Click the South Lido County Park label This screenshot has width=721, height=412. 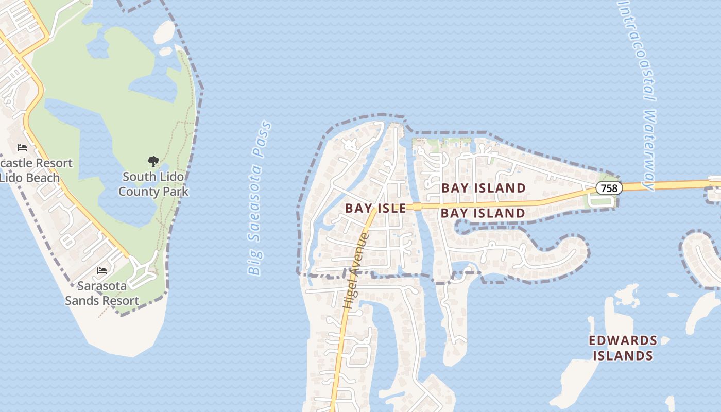click(x=153, y=184)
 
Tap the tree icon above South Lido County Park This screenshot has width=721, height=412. click(x=153, y=162)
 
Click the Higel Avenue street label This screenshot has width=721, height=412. click(x=356, y=271)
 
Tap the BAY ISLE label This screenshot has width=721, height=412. click(x=375, y=208)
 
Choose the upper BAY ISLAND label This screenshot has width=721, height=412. click(x=483, y=188)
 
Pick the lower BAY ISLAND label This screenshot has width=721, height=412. click(x=483, y=213)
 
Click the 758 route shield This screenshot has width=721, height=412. click(x=609, y=188)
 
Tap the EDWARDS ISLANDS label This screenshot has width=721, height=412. click(x=623, y=348)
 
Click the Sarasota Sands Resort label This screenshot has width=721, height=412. click(x=102, y=294)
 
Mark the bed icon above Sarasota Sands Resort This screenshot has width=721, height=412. click(x=102, y=270)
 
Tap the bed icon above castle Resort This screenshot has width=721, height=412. click(x=22, y=148)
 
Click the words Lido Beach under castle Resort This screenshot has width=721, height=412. click(x=30, y=178)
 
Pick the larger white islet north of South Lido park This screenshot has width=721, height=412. click(x=164, y=32)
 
